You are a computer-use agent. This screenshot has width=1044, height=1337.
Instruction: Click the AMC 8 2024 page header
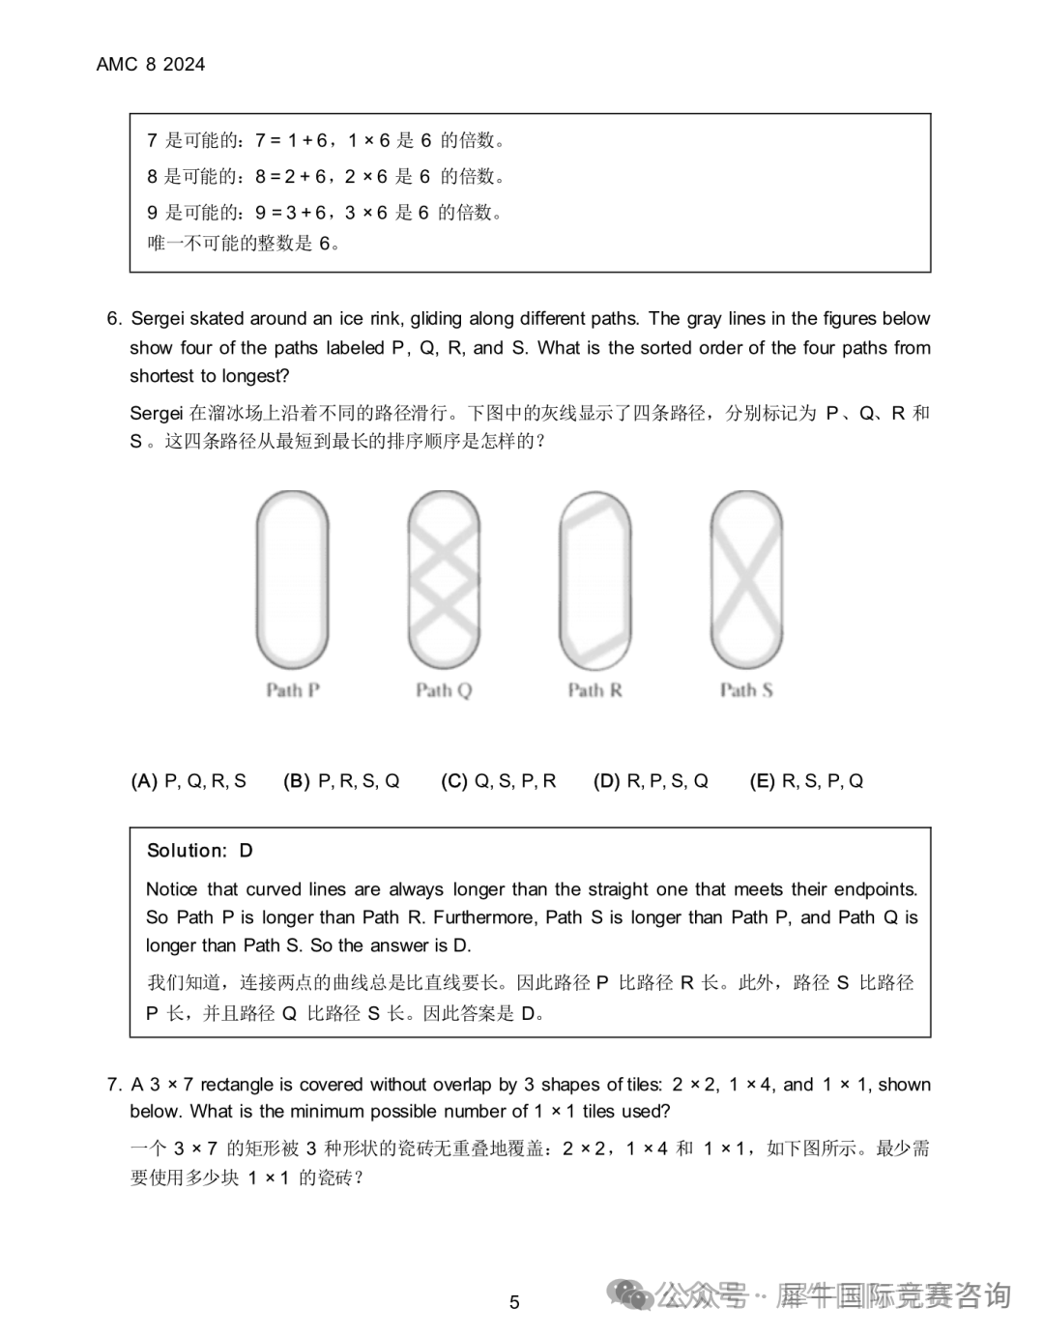point(151,65)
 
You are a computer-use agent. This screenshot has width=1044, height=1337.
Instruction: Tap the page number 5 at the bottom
point(514,1302)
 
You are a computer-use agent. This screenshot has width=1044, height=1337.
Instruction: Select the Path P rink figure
point(292,580)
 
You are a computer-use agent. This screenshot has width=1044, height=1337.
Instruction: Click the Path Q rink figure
point(444,580)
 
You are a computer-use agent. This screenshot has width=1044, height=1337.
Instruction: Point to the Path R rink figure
point(595,580)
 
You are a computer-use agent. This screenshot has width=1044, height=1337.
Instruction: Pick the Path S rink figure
point(746,580)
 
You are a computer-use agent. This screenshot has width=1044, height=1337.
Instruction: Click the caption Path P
point(293,690)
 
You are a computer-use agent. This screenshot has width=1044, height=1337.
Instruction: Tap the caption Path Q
point(444,690)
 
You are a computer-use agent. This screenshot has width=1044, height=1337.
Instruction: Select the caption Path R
point(594,690)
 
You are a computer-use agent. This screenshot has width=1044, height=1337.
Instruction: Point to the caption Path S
point(746,690)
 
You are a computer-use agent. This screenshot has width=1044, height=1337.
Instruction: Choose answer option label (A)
point(144,781)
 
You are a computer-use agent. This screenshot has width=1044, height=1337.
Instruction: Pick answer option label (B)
point(296,781)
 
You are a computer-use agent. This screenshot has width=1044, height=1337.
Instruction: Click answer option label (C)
point(453,781)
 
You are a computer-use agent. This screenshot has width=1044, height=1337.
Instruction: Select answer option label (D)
point(606,781)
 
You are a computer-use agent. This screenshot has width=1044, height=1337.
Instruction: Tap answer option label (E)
point(762,781)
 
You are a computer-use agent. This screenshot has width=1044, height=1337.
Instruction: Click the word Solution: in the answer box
point(187,851)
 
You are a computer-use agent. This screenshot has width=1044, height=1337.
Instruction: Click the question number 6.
point(114,319)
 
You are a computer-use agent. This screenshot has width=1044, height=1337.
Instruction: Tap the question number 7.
point(114,1085)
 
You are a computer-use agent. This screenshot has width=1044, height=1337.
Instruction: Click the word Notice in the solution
point(171,889)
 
